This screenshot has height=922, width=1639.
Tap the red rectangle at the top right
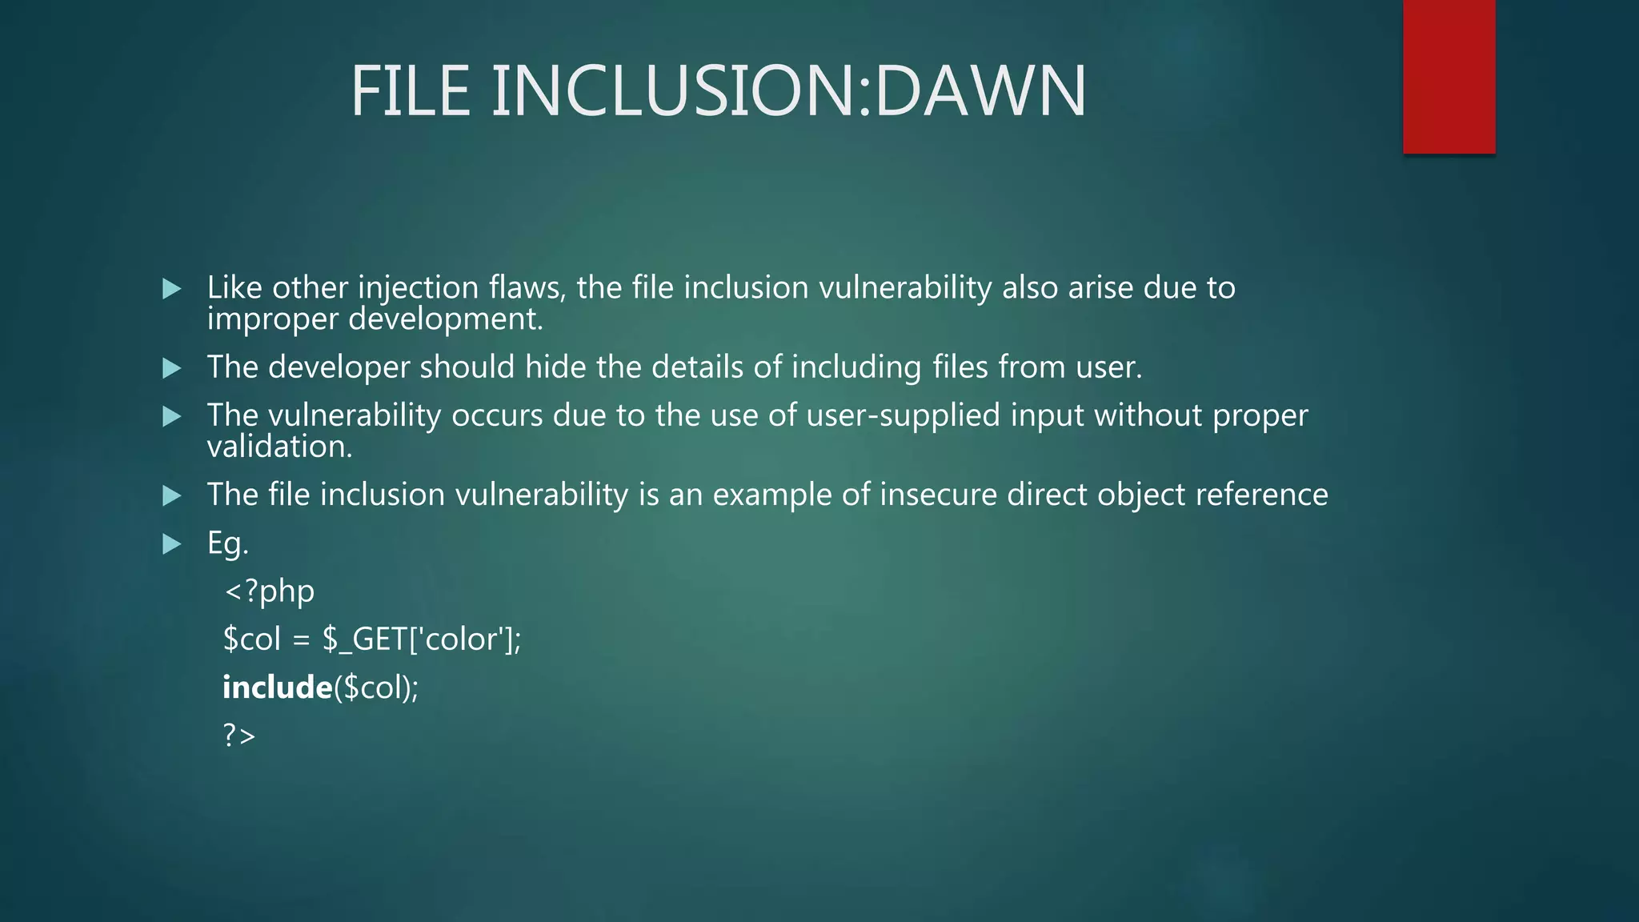[x=1449, y=76]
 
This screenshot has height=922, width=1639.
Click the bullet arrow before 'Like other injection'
[x=171, y=288]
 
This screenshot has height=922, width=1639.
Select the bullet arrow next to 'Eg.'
[x=171, y=544]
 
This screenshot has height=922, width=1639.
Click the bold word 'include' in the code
[x=277, y=687]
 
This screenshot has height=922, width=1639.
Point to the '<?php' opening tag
[x=269, y=591]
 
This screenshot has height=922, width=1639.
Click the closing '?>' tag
[x=238, y=735]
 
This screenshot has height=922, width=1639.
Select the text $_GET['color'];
[x=422, y=639]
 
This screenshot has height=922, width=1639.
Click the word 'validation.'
[x=279, y=447]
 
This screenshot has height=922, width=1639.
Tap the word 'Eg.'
[x=227, y=543]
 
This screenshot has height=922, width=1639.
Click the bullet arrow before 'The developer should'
[x=171, y=368]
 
